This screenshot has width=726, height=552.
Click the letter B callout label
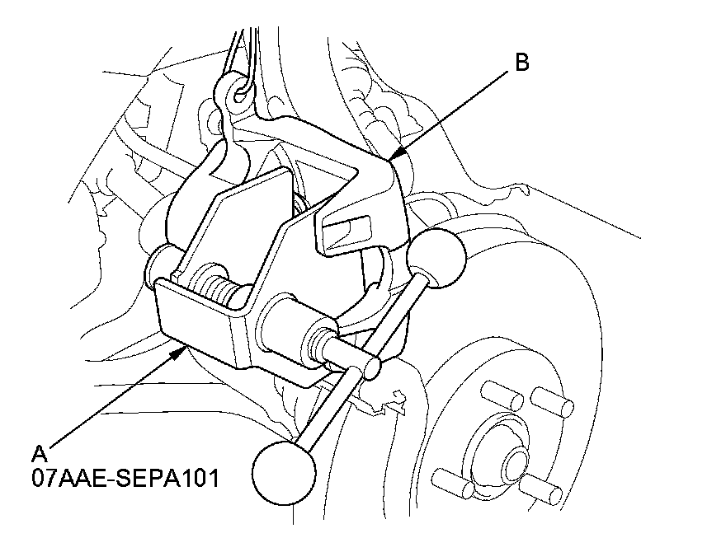click(x=521, y=63)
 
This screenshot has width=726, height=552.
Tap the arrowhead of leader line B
click(x=394, y=157)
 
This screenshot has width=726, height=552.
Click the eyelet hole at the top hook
click(x=239, y=96)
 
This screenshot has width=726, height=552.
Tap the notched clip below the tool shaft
click(x=388, y=400)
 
